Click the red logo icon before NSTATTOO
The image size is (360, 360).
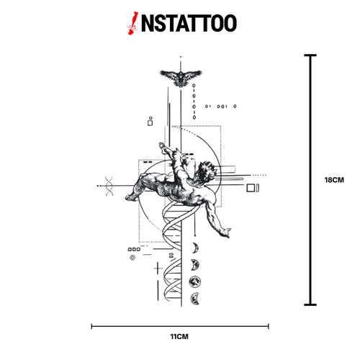point(132,23)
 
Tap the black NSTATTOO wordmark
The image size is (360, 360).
point(189,23)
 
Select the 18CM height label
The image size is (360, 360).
point(334,180)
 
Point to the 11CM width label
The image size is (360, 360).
point(179,336)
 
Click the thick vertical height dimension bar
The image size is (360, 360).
point(310,180)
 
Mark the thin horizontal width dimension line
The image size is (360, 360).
point(180,326)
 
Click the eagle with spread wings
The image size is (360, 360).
point(181,78)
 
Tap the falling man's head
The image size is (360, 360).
point(207,171)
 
